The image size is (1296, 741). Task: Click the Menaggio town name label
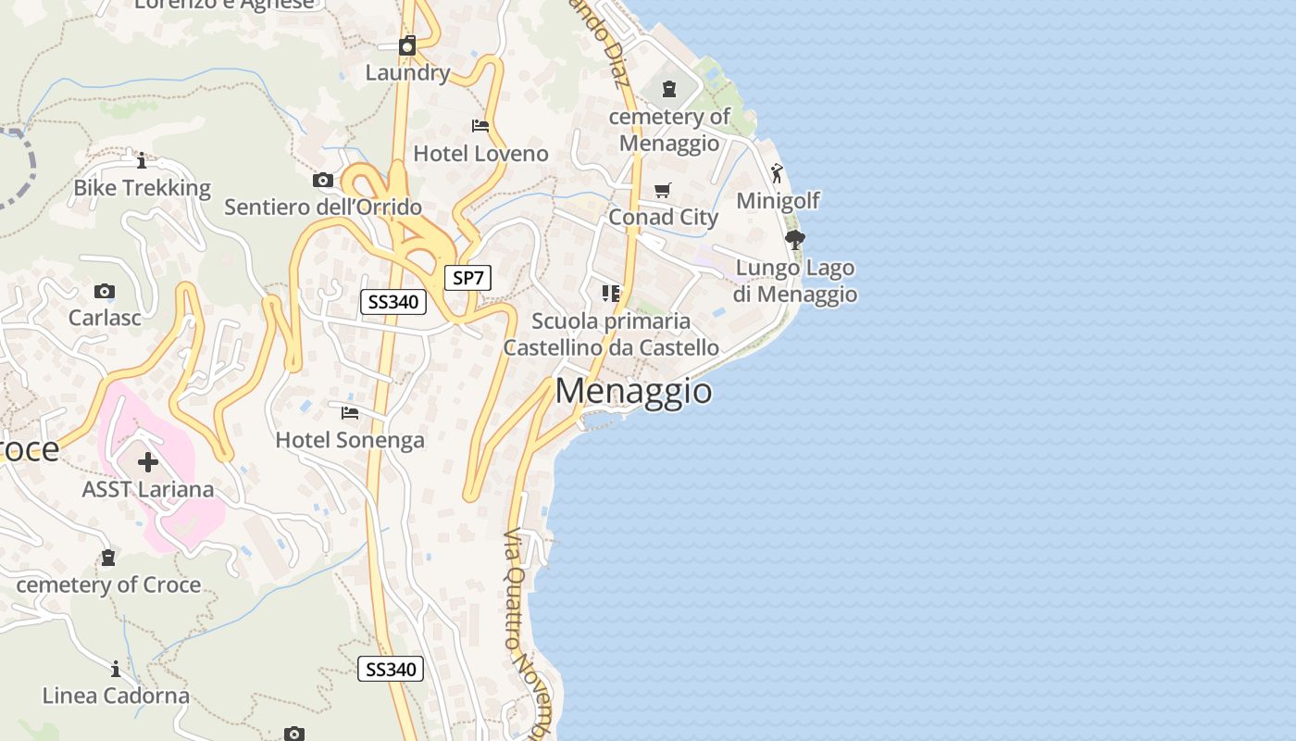click(634, 391)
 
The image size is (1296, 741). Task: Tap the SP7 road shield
click(467, 278)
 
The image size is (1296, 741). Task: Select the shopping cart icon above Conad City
click(663, 191)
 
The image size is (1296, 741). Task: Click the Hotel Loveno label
click(480, 154)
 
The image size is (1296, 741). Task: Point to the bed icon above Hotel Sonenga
click(350, 412)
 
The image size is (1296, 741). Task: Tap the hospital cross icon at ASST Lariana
click(148, 461)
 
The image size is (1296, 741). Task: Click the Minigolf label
click(778, 201)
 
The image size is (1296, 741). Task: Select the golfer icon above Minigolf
click(777, 173)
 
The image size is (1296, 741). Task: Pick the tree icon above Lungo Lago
click(794, 240)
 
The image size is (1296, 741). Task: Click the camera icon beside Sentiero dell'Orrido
click(323, 180)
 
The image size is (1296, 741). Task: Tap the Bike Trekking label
click(143, 188)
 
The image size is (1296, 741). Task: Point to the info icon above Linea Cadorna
click(116, 669)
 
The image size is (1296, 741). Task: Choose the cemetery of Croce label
click(108, 584)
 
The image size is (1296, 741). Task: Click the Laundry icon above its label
click(407, 45)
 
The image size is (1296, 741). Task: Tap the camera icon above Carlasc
click(105, 292)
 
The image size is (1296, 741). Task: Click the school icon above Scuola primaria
click(611, 294)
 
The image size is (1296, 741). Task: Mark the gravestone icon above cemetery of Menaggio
click(669, 89)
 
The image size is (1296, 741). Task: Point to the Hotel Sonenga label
click(350, 440)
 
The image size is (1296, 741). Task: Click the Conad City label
click(663, 218)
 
